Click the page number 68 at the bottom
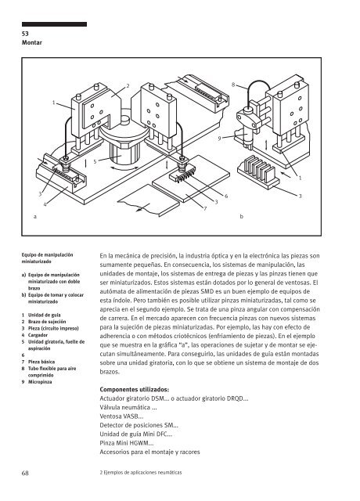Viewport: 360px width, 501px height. (x=25, y=473)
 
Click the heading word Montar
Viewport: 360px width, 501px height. (x=32, y=42)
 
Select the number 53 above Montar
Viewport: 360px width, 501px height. (x=25, y=34)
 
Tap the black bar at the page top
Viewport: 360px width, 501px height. (x=54, y=24)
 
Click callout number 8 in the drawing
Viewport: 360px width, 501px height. (x=233, y=85)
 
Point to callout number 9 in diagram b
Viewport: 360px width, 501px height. (x=219, y=139)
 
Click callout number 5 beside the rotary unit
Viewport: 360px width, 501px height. (x=95, y=162)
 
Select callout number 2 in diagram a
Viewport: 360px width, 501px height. (x=128, y=85)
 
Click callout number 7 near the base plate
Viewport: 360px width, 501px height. (x=205, y=209)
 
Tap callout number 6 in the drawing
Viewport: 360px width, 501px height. (x=226, y=196)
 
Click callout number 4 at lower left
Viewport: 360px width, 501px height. (x=45, y=204)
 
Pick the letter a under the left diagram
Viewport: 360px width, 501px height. (x=35, y=217)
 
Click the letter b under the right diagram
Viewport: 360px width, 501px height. (x=242, y=217)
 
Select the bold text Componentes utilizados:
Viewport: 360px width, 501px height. (x=135, y=390)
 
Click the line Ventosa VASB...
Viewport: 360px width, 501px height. (x=121, y=416)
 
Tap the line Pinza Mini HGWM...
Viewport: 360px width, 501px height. (x=127, y=443)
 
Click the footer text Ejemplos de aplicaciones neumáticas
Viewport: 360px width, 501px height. (x=142, y=472)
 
